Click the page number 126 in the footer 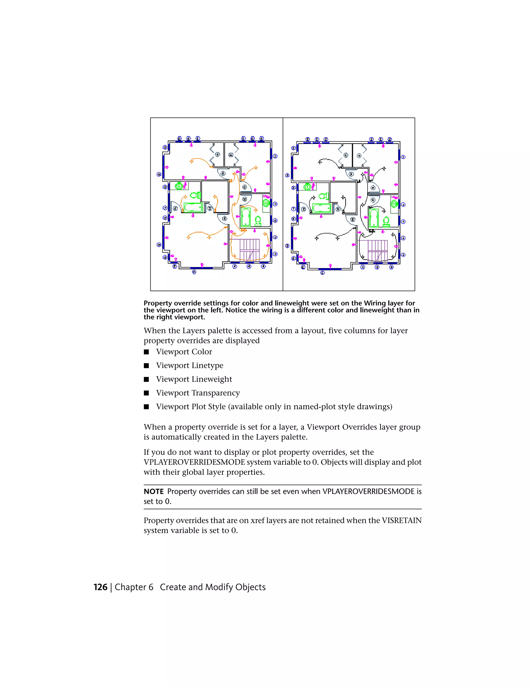pyautogui.click(x=100, y=587)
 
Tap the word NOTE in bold pyautogui.click(x=153, y=491)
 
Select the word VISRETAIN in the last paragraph pyautogui.click(x=401, y=520)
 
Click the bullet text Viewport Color pyautogui.click(x=184, y=352)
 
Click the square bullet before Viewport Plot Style pyautogui.click(x=146, y=407)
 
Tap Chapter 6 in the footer pyautogui.click(x=134, y=587)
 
